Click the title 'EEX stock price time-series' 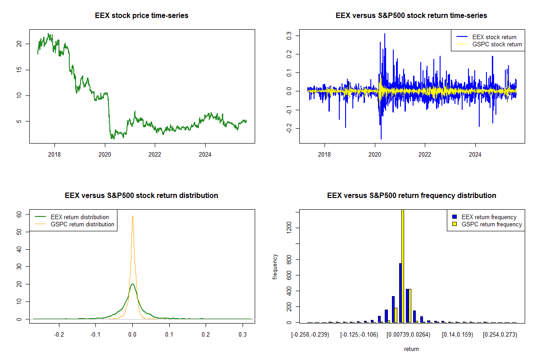click(142, 16)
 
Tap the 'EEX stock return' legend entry click(494, 37)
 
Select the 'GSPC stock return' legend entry click(497, 44)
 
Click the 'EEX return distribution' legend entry click(80, 217)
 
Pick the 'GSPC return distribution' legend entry click(82, 224)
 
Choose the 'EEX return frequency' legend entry click(489, 217)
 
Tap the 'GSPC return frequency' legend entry click(492, 224)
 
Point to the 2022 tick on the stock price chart click(155, 153)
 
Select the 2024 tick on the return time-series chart click(475, 153)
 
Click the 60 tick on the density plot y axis click(19, 215)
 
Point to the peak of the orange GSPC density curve click(132, 216)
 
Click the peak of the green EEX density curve click(132, 284)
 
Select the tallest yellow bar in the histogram click(403, 265)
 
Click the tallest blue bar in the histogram click(400, 292)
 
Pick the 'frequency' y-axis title click(275, 266)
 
